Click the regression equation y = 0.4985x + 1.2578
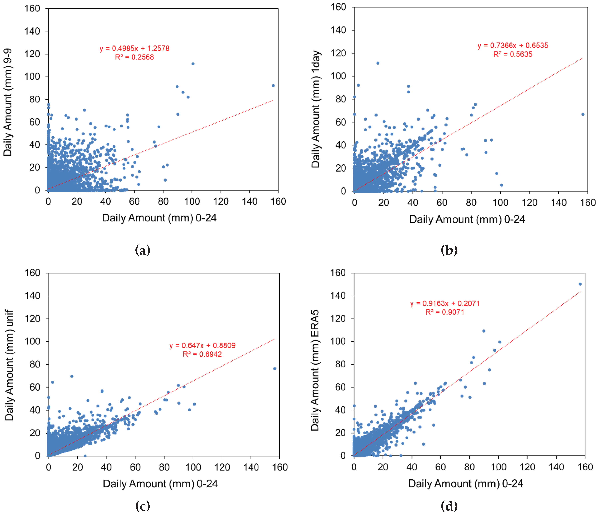coord(134,48)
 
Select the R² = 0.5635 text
coord(513,54)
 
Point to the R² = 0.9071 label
coord(445,312)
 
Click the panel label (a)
coord(143,250)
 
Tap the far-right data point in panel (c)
coord(275,369)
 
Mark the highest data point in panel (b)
coord(378,63)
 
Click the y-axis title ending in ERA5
coord(315,370)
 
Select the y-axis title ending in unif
coord(9,365)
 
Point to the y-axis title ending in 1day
coord(316,109)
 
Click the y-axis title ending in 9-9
coord(8,103)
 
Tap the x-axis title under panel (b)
coord(467,219)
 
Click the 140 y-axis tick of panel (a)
coord(32,31)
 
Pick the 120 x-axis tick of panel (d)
coord(527,467)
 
